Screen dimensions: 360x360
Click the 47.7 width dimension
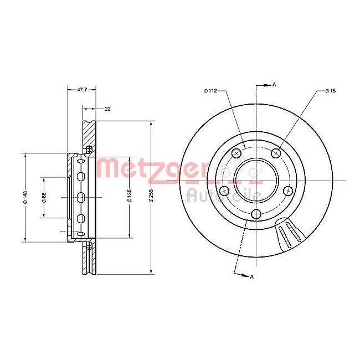pyautogui.click(x=81, y=89)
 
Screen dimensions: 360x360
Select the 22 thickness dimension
pyautogui.click(x=107, y=109)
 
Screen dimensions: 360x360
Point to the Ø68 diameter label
pyautogui.click(x=44, y=197)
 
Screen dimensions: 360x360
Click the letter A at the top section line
pyautogui.click(x=274, y=85)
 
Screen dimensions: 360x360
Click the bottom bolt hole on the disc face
pyautogui.click(x=255, y=214)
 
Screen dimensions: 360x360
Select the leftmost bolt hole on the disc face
pyautogui.click(x=224, y=191)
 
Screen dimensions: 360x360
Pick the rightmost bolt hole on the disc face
pyautogui.click(x=287, y=191)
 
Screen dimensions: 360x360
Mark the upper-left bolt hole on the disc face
pyautogui.click(x=236, y=153)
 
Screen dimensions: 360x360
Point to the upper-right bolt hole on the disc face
pyautogui.click(x=275, y=153)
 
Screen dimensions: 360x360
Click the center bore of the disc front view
pyautogui.click(x=255, y=179)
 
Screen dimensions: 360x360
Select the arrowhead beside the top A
pyautogui.click(x=266, y=85)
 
